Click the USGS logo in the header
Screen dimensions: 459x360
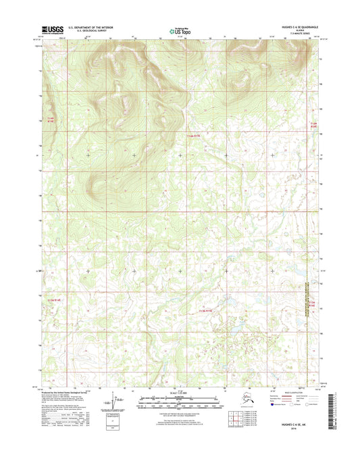54,29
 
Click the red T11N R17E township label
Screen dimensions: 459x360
194,136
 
